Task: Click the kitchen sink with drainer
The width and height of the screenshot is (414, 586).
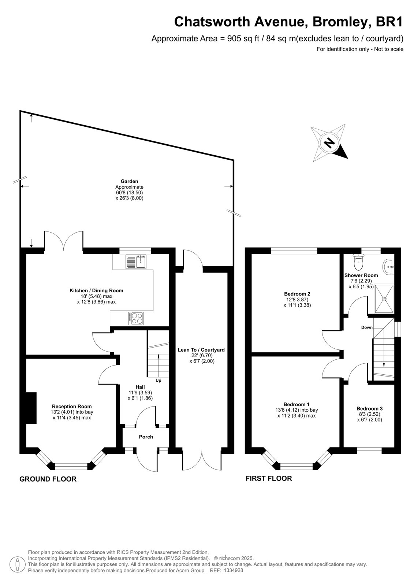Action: tap(136, 262)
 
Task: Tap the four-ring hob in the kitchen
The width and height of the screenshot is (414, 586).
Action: tap(136, 318)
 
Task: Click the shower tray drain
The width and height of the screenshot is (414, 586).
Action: tap(384, 298)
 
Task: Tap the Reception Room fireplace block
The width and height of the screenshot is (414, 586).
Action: tap(31, 408)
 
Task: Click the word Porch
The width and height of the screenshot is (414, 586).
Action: tap(146, 437)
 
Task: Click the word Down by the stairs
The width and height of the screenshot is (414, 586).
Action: tap(367, 327)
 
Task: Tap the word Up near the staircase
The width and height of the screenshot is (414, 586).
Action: tap(158, 381)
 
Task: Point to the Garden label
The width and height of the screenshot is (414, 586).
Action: tap(129, 181)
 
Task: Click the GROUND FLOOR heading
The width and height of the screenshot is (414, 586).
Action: tap(48, 479)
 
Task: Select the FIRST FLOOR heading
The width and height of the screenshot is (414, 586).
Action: tap(269, 478)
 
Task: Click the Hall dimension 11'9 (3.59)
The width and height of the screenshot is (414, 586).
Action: tap(140, 392)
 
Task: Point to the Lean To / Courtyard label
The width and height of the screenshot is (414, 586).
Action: tap(201, 350)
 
